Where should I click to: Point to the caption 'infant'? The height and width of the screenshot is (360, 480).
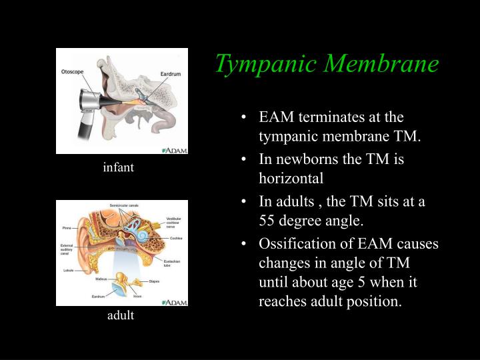119,168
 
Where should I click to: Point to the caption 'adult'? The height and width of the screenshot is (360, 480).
121,315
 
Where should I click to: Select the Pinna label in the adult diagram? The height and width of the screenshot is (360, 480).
66,227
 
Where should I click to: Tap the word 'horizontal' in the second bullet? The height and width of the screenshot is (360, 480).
291,179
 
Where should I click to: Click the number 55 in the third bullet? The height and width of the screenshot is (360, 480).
267,221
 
